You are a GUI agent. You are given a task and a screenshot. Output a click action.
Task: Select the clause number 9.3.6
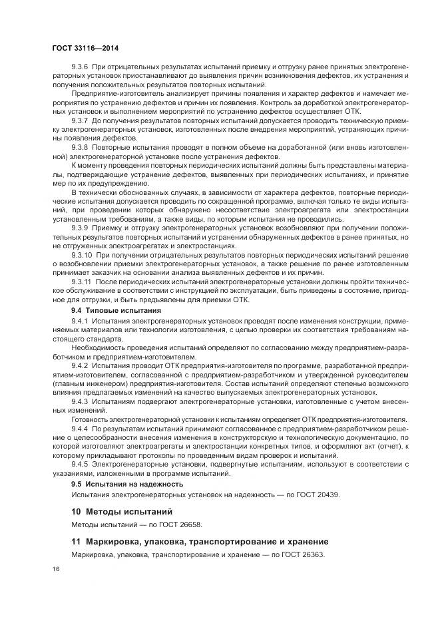[81, 69]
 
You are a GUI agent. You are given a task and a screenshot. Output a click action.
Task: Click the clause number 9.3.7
[81, 120]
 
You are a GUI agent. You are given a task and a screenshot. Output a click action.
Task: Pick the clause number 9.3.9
[81, 228]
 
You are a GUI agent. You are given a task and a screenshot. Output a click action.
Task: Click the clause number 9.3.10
[83, 254]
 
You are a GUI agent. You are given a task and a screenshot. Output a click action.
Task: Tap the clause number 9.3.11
[83, 280]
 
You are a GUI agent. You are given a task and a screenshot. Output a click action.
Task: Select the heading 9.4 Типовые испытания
[112, 310]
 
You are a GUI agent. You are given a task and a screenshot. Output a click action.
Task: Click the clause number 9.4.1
[81, 321]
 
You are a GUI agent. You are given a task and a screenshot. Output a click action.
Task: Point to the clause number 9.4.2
[81, 365]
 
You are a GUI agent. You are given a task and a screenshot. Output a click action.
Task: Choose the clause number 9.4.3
[81, 401]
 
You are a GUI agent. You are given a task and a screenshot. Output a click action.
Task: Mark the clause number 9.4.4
[81, 429]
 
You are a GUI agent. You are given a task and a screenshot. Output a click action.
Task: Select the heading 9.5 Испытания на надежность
[126, 484]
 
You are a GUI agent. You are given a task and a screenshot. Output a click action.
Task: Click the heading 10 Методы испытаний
[122, 512]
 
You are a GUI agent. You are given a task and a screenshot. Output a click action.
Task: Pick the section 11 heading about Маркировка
[200, 541]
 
